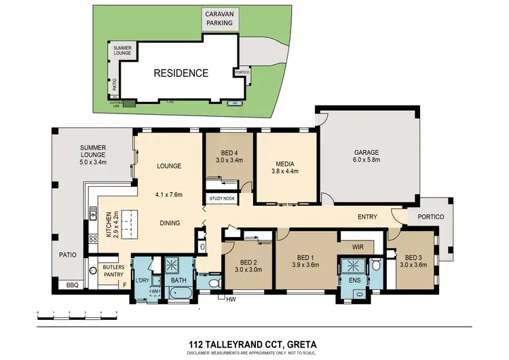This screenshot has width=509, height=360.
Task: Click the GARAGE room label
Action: [366, 152]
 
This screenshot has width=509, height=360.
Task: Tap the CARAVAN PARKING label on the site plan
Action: [219, 18]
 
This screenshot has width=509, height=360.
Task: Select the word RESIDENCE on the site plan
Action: [180, 73]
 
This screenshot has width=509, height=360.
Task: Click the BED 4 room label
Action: [229, 152]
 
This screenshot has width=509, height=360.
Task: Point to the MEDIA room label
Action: [284, 163]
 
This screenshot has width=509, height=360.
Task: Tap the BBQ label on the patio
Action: [72, 285]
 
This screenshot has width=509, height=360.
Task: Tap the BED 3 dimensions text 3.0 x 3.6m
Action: [414, 266]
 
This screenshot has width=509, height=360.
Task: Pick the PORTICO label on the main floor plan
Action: [430, 217]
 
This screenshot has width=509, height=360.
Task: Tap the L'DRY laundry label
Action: [142, 281]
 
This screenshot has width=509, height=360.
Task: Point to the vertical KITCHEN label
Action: [108, 227]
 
